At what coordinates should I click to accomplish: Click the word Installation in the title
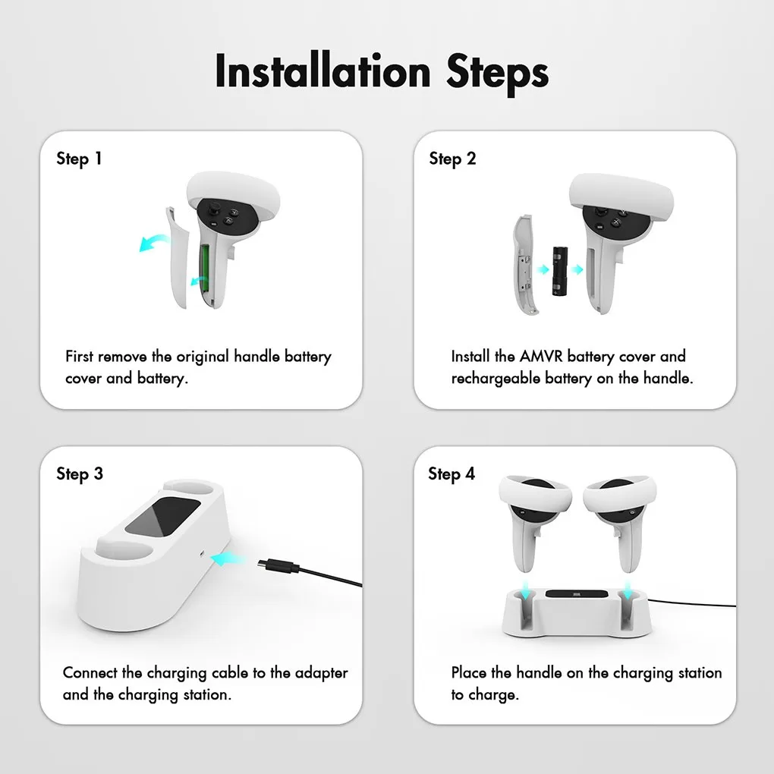(x=322, y=71)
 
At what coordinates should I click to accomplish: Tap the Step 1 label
(x=79, y=159)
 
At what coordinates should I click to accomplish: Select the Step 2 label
(x=453, y=159)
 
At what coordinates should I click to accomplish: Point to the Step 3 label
(x=80, y=474)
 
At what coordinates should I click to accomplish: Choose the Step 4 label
(x=451, y=474)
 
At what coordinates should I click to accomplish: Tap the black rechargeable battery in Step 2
(x=560, y=272)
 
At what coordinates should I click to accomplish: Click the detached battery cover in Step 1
(x=178, y=257)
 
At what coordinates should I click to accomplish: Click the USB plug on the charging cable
(x=278, y=565)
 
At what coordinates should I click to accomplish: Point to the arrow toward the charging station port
(x=227, y=559)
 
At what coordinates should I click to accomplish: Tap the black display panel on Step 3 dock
(x=162, y=516)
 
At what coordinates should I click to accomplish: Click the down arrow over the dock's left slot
(x=526, y=590)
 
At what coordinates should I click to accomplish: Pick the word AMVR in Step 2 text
(x=541, y=356)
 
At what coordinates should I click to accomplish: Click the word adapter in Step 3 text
(x=321, y=673)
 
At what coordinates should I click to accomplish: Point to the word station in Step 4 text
(x=700, y=673)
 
